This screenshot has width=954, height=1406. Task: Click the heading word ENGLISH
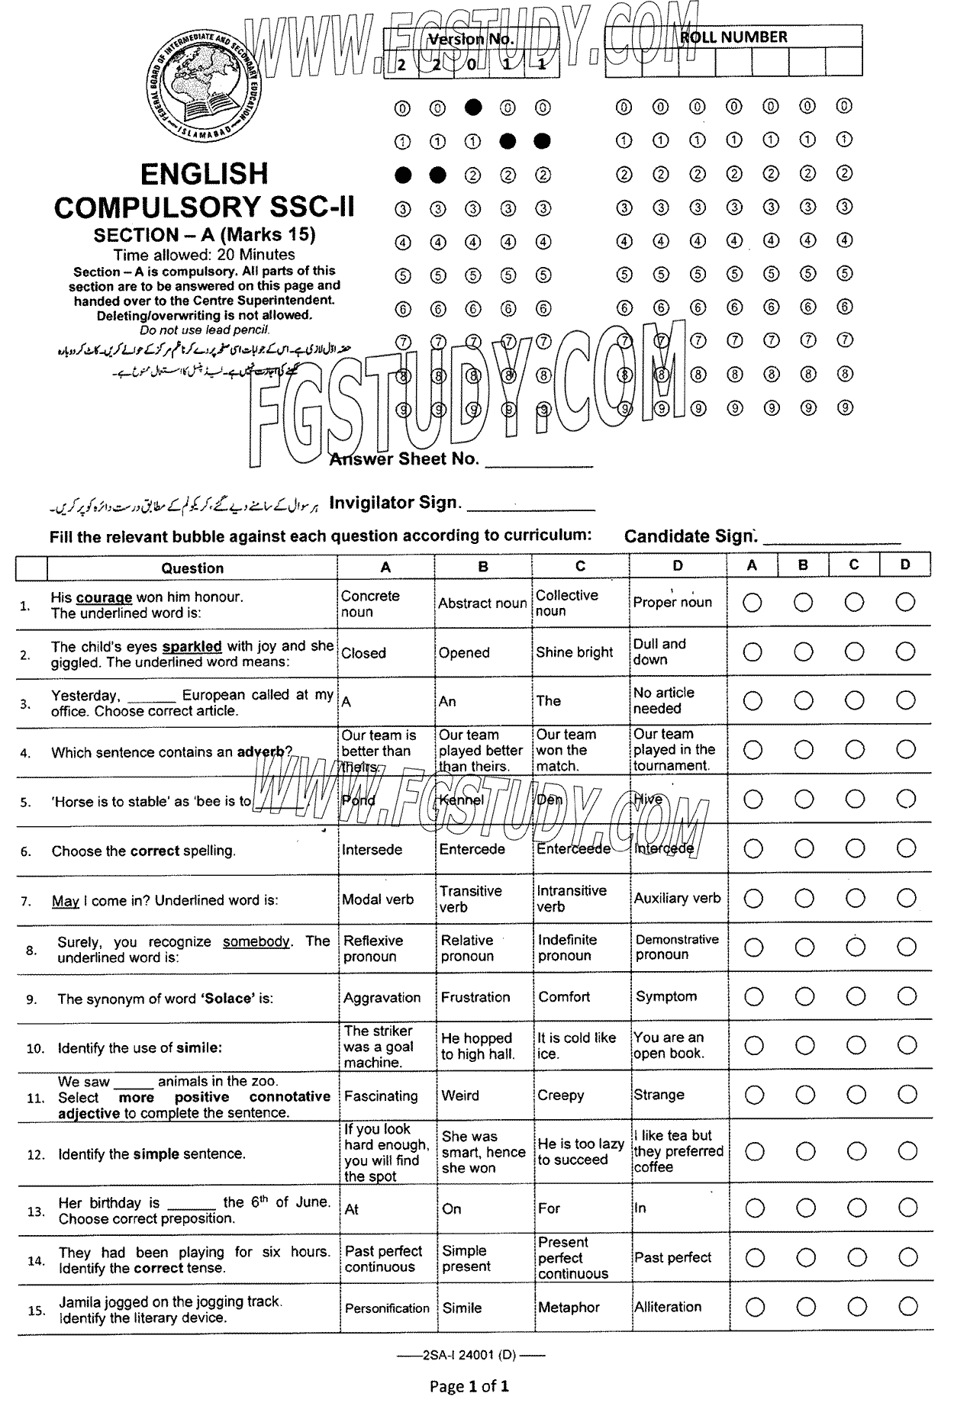click(205, 174)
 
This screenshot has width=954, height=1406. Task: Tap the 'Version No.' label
click(471, 39)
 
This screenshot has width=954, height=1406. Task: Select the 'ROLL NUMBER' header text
click(733, 37)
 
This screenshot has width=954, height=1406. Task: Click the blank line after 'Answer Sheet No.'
click(539, 462)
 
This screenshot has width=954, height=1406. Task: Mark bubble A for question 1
click(753, 603)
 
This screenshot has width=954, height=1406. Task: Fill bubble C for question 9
click(856, 996)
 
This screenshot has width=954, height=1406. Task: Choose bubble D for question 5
click(906, 799)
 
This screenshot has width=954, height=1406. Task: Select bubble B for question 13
click(804, 1208)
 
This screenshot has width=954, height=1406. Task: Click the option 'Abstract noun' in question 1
click(482, 603)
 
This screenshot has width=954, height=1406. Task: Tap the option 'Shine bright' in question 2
click(574, 652)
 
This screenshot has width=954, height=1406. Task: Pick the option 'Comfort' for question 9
click(564, 997)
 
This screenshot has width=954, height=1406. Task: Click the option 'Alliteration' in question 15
click(668, 1307)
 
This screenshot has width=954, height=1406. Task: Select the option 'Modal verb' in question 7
click(378, 899)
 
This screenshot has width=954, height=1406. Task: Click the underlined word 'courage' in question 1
click(104, 597)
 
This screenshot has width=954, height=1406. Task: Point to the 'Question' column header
click(192, 568)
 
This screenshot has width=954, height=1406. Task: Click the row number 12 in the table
click(36, 1154)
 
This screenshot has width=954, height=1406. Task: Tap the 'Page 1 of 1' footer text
click(469, 1386)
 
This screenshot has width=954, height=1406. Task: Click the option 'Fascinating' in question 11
click(381, 1096)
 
